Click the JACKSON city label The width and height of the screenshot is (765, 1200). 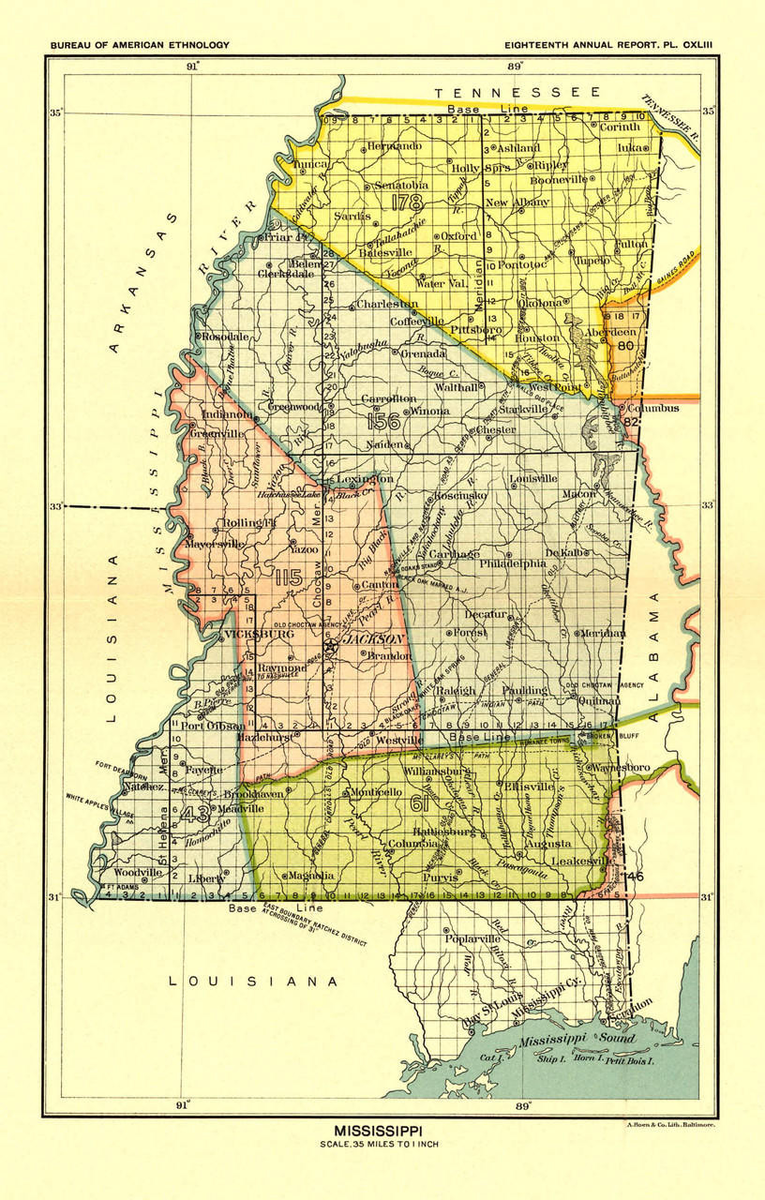[372, 638]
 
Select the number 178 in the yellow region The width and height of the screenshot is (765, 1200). [410, 201]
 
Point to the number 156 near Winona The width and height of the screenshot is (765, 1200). [383, 421]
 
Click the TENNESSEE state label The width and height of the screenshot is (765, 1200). [516, 92]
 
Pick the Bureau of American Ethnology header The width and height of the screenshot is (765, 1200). [139, 45]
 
